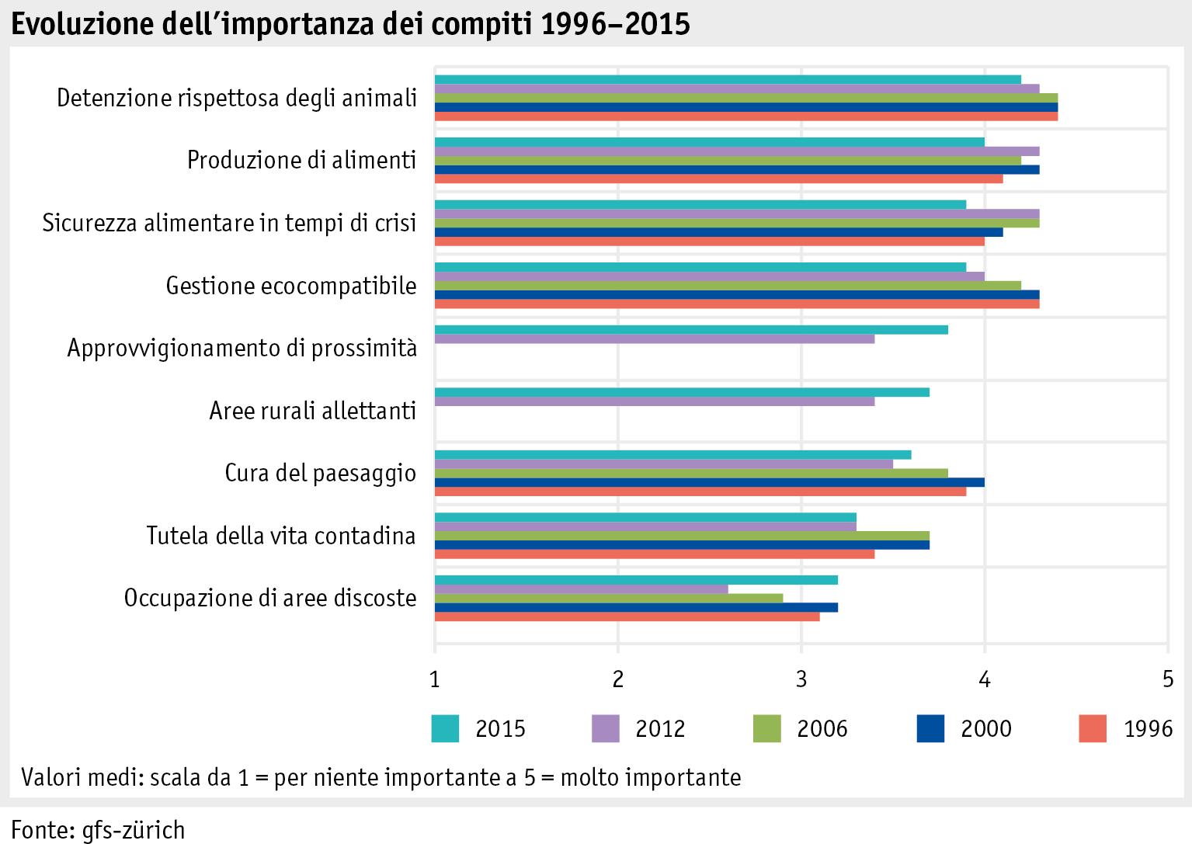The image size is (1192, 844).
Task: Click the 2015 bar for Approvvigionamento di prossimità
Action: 691,330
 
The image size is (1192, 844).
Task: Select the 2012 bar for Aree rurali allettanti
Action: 655,401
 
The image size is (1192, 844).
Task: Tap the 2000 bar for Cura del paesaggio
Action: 710,482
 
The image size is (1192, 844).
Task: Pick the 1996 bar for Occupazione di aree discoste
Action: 627,617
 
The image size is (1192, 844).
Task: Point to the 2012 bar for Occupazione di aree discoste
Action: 582,589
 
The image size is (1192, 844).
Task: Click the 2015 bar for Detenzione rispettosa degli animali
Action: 728,79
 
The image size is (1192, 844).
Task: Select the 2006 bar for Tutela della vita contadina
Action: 682,536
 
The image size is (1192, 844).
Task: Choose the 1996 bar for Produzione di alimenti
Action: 718,179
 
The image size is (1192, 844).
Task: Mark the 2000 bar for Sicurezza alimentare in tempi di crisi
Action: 718,231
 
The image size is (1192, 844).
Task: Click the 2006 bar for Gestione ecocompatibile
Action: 728,286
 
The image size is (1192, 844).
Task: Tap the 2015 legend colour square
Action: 445,728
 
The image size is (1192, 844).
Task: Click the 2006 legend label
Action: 822,728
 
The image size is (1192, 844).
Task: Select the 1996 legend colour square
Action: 1093,728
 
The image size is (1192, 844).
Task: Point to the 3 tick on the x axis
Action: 801,680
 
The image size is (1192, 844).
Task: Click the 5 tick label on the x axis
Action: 1167,680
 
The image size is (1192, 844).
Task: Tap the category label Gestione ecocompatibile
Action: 291,286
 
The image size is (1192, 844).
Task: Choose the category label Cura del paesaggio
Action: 320,473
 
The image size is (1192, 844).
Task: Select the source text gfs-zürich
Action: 134,829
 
